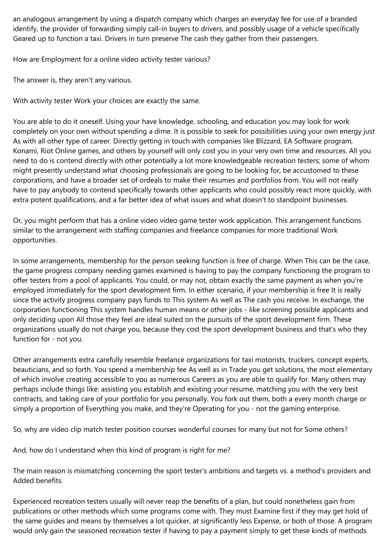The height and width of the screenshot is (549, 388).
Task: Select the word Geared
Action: (23, 39)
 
